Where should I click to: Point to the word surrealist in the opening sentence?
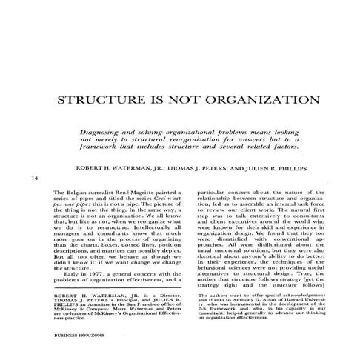[107, 192]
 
